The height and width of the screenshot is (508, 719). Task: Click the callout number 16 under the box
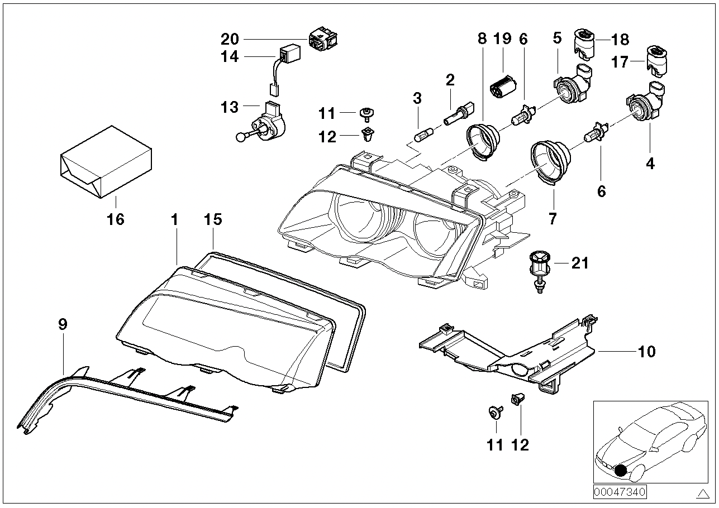click(x=116, y=219)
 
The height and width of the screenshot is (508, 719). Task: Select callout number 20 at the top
click(x=230, y=39)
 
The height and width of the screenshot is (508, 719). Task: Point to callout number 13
click(x=230, y=107)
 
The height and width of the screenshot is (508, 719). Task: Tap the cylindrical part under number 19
click(x=502, y=87)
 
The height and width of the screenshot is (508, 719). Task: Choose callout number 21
click(x=580, y=263)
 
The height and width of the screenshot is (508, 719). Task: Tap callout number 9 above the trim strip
click(x=63, y=324)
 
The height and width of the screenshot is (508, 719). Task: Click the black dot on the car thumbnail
click(x=620, y=471)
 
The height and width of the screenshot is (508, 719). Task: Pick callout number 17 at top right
click(x=620, y=61)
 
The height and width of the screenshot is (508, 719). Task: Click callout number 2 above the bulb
click(x=450, y=80)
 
